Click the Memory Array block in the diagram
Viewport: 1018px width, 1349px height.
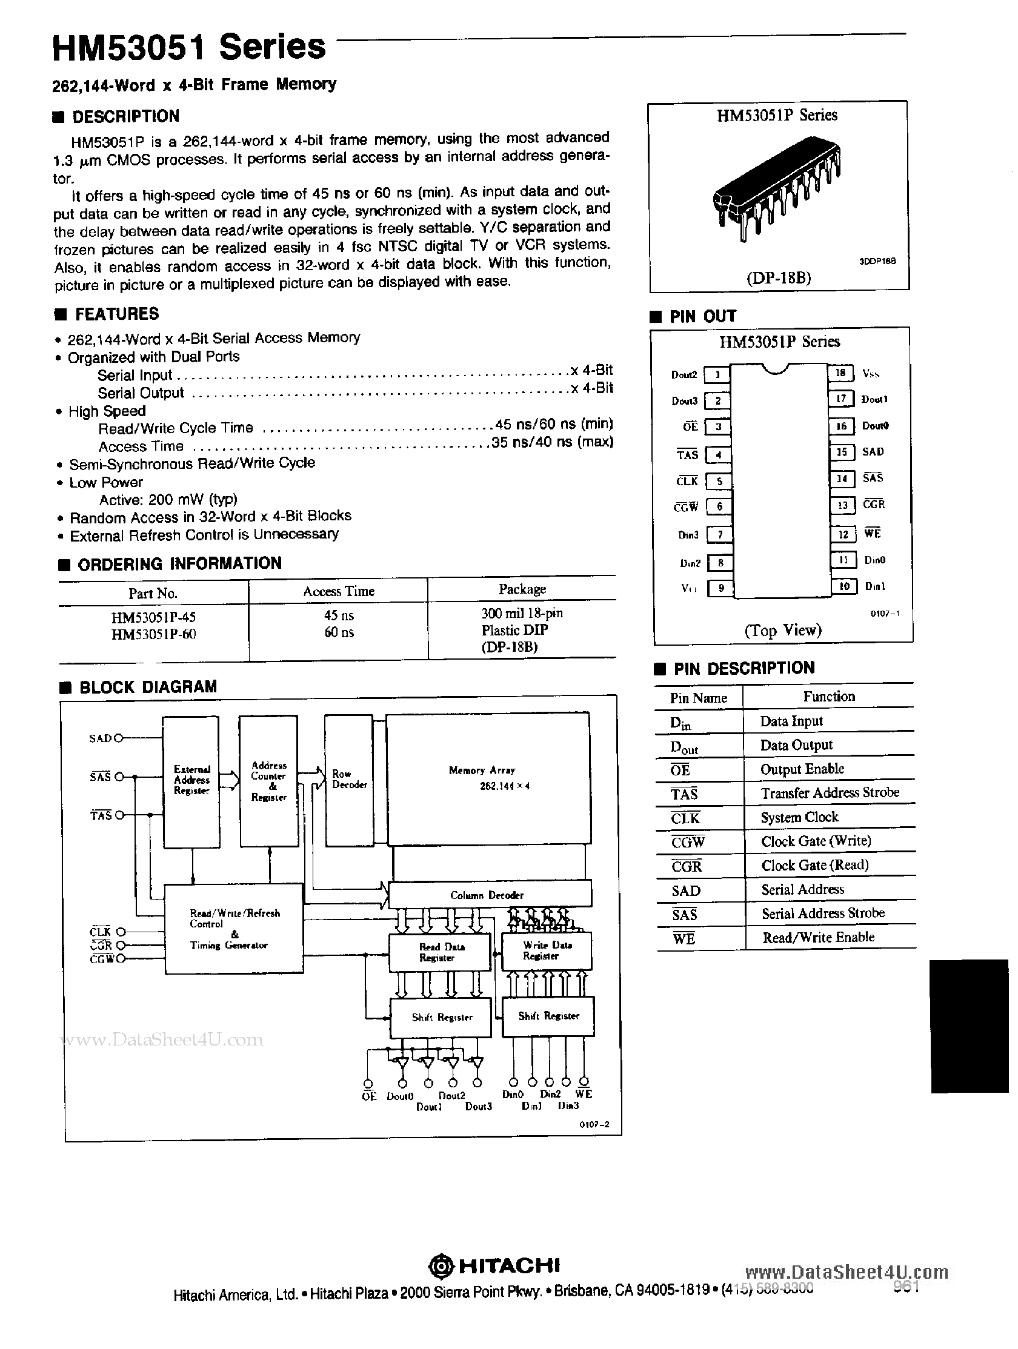tap(488, 778)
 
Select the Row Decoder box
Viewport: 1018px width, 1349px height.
tap(348, 781)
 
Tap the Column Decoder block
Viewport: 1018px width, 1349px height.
tap(489, 895)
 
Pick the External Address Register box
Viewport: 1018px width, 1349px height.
tap(191, 781)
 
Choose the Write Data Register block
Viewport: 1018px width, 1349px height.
tap(547, 950)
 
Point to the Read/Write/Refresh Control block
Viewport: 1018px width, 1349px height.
tap(235, 929)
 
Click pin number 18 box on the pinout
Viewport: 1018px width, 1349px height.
tap(840, 373)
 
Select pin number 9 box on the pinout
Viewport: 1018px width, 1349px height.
tap(720, 588)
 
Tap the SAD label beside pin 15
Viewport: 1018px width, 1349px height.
tap(873, 452)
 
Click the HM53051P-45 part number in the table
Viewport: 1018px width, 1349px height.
tap(154, 617)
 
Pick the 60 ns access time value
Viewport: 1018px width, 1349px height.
tap(339, 632)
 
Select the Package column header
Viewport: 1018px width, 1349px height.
tap(522, 589)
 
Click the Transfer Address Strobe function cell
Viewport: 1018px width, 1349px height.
tap(830, 792)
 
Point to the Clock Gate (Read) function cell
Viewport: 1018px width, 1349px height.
tap(814, 865)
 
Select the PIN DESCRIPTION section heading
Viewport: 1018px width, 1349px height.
tap(744, 668)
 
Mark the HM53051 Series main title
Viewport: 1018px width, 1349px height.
tap(189, 48)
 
